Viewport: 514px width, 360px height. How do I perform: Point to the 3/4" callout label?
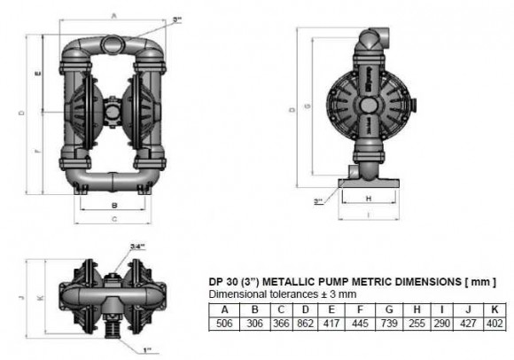click(x=137, y=246)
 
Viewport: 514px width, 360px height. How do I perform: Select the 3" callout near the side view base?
click(x=318, y=202)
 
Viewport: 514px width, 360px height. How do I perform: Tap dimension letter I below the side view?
click(x=368, y=215)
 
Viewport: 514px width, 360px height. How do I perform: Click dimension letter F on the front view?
click(x=35, y=152)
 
